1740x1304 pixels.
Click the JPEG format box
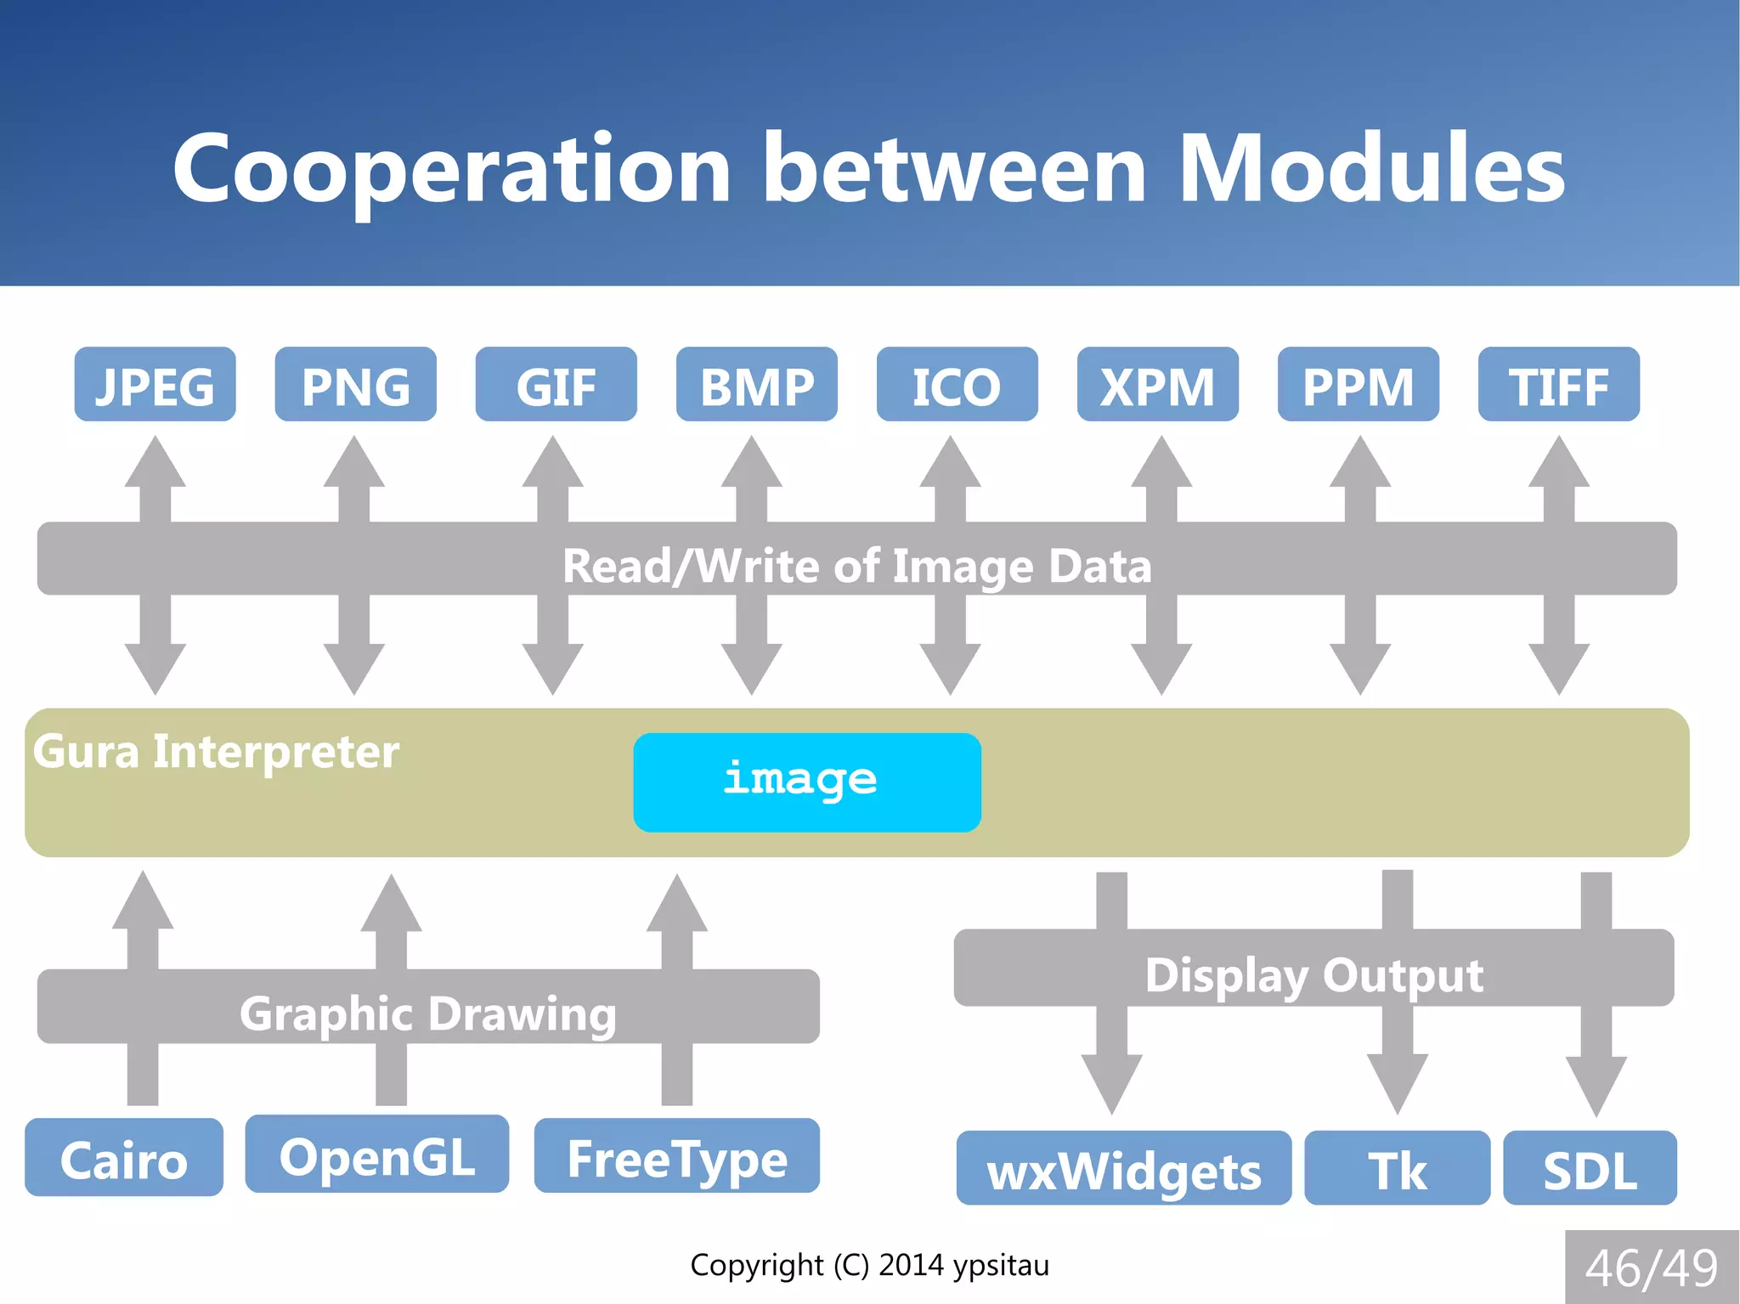pyautogui.click(x=155, y=384)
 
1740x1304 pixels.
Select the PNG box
pyautogui.click(x=355, y=384)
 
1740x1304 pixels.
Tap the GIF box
pyautogui.click(x=556, y=384)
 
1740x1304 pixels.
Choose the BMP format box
pyautogui.click(x=756, y=384)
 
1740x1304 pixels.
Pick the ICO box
pyautogui.click(x=957, y=384)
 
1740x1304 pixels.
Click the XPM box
pyautogui.click(x=1157, y=384)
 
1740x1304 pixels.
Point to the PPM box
pyautogui.click(x=1358, y=384)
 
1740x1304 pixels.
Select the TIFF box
pyautogui.click(x=1558, y=384)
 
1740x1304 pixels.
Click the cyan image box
pyautogui.click(x=806, y=782)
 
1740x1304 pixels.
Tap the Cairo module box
pyautogui.click(x=124, y=1157)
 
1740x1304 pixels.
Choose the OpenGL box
pyautogui.click(x=376, y=1154)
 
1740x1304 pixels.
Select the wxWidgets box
pyautogui.click(x=1123, y=1168)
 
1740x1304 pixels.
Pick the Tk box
pyautogui.click(x=1397, y=1168)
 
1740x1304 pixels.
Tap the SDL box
pyautogui.click(x=1589, y=1168)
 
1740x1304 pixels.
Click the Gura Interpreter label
pyautogui.click(x=216, y=752)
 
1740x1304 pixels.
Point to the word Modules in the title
pyautogui.click(x=1371, y=170)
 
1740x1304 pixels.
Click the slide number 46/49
pyautogui.click(x=1651, y=1267)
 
